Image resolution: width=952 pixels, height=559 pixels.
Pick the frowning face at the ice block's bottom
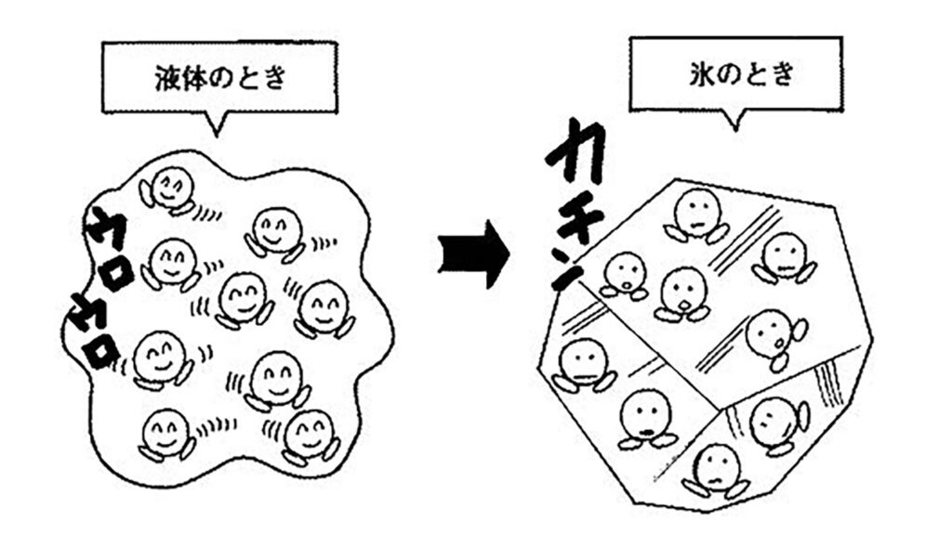tap(716, 467)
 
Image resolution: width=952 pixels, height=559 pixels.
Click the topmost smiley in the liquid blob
tap(168, 188)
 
